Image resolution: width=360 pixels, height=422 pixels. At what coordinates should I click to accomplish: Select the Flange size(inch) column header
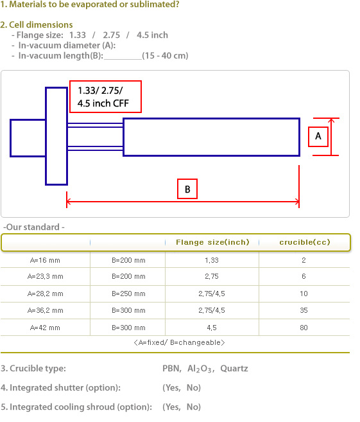[212, 242]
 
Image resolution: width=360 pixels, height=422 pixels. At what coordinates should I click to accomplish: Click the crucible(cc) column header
[305, 242]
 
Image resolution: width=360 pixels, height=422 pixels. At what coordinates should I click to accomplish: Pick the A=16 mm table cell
[45, 260]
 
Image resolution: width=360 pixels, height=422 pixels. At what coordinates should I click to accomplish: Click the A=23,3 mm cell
[45, 276]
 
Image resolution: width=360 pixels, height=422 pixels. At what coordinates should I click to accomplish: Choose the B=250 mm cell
[128, 294]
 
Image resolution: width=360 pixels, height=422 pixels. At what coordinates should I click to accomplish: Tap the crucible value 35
[304, 310]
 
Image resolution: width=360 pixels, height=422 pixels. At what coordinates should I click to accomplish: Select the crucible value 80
[304, 328]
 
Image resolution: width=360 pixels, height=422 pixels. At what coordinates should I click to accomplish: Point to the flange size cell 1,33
[212, 260]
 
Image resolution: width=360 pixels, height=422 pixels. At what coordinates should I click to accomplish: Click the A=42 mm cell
[45, 328]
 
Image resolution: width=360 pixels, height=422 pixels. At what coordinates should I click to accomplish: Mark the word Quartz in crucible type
[234, 369]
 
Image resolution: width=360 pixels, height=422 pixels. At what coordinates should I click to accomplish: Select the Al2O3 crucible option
[201, 369]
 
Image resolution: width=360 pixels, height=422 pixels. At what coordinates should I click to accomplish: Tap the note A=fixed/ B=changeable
[179, 342]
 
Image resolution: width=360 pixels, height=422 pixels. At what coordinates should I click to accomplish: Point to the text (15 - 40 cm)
[165, 56]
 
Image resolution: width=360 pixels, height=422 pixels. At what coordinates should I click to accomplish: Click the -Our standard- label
[34, 227]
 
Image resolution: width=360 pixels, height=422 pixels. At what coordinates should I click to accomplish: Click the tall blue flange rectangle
[46, 136]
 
